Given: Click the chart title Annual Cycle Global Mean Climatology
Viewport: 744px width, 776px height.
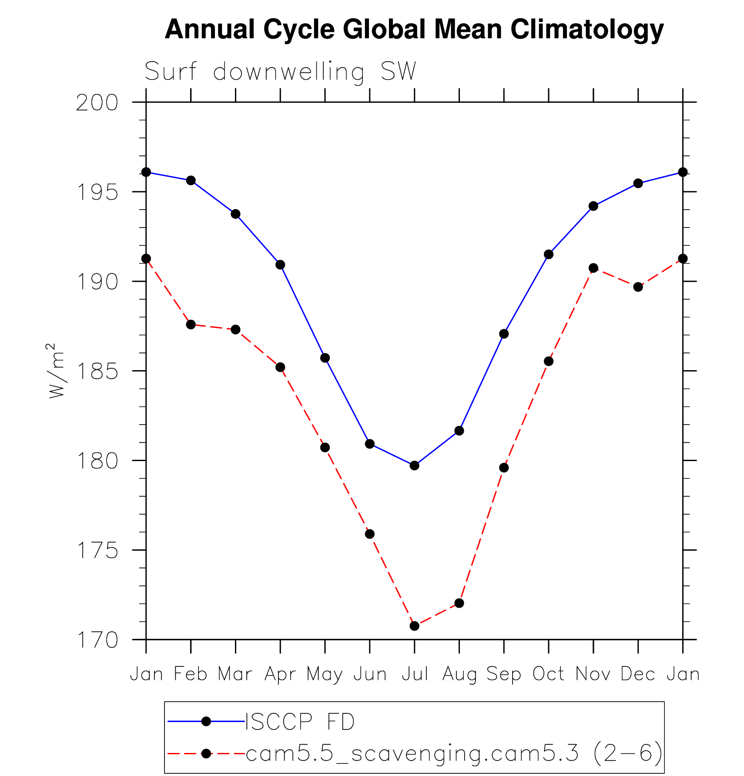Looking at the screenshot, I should click(x=414, y=30).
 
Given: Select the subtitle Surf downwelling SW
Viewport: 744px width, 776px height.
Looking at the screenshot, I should click(x=280, y=72).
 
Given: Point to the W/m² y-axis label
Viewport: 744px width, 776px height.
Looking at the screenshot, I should click(x=56, y=371).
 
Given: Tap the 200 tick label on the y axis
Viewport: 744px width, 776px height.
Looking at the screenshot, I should click(x=97, y=103).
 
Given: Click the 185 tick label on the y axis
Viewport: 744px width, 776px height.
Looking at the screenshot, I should click(x=97, y=371).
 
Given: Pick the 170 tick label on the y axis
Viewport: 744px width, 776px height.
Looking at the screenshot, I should click(x=97, y=640).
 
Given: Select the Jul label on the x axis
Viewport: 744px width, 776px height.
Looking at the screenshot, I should click(x=414, y=674).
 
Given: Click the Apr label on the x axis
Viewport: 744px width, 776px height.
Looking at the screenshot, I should click(x=280, y=674).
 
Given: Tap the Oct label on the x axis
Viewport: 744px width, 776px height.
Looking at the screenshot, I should click(x=548, y=674).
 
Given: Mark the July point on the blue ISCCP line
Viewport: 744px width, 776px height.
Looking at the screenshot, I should click(x=414, y=465).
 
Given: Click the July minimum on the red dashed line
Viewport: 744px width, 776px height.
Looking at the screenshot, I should click(x=414, y=626).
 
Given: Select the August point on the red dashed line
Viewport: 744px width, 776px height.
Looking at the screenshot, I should click(x=459, y=603).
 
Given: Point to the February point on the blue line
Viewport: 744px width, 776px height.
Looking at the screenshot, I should click(x=191, y=181).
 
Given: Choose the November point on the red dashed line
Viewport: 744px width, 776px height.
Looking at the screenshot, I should click(x=593, y=268).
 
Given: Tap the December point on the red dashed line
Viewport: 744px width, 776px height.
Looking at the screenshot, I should click(x=638, y=287).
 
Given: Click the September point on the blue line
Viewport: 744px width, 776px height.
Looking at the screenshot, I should click(x=504, y=334).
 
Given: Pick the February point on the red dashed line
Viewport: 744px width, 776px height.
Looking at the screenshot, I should click(x=191, y=324).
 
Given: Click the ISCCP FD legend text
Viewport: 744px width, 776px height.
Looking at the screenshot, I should click(x=300, y=722).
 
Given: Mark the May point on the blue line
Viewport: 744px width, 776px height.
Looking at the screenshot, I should click(x=325, y=358).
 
